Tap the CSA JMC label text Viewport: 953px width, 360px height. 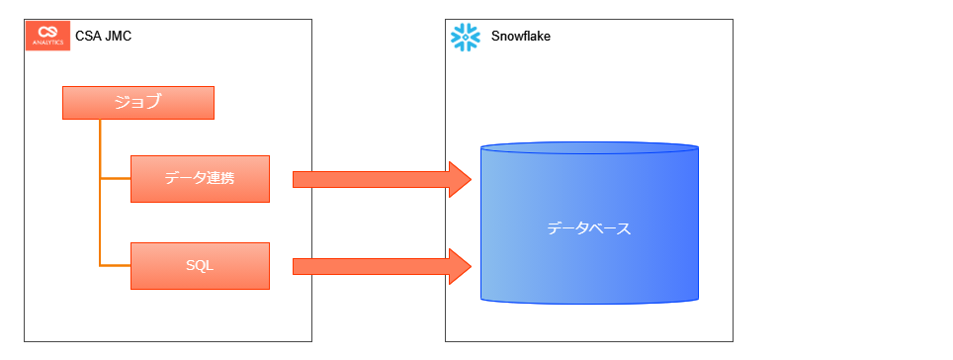pyautogui.click(x=104, y=37)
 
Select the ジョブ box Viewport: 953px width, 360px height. pyautogui.click(x=137, y=103)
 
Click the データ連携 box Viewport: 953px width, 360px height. pyautogui.click(x=200, y=179)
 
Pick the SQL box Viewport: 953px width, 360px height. pyautogui.click(x=200, y=265)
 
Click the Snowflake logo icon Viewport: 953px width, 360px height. pyautogui.click(x=465, y=37)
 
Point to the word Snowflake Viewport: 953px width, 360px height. pyautogui.click(x=521, y=37)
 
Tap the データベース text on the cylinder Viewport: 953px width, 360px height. pyautogui.click(x=589, y=228)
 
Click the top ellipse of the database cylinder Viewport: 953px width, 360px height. pyautogui.click(x=589, y=149)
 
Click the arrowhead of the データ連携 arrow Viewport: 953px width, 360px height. pyautogui.click(x=459, y=179)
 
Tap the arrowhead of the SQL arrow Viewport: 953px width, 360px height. pyautogui.click(x=459, y=265)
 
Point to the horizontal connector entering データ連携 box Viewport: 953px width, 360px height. pyautogui.click(x=115, y=178)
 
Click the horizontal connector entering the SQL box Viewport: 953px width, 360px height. pyautogui.click(x=115, y=265)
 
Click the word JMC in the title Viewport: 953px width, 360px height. pyautogui.click(x=118, y=37)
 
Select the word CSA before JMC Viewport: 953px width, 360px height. pyautogui.click(x=89, y=37)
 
